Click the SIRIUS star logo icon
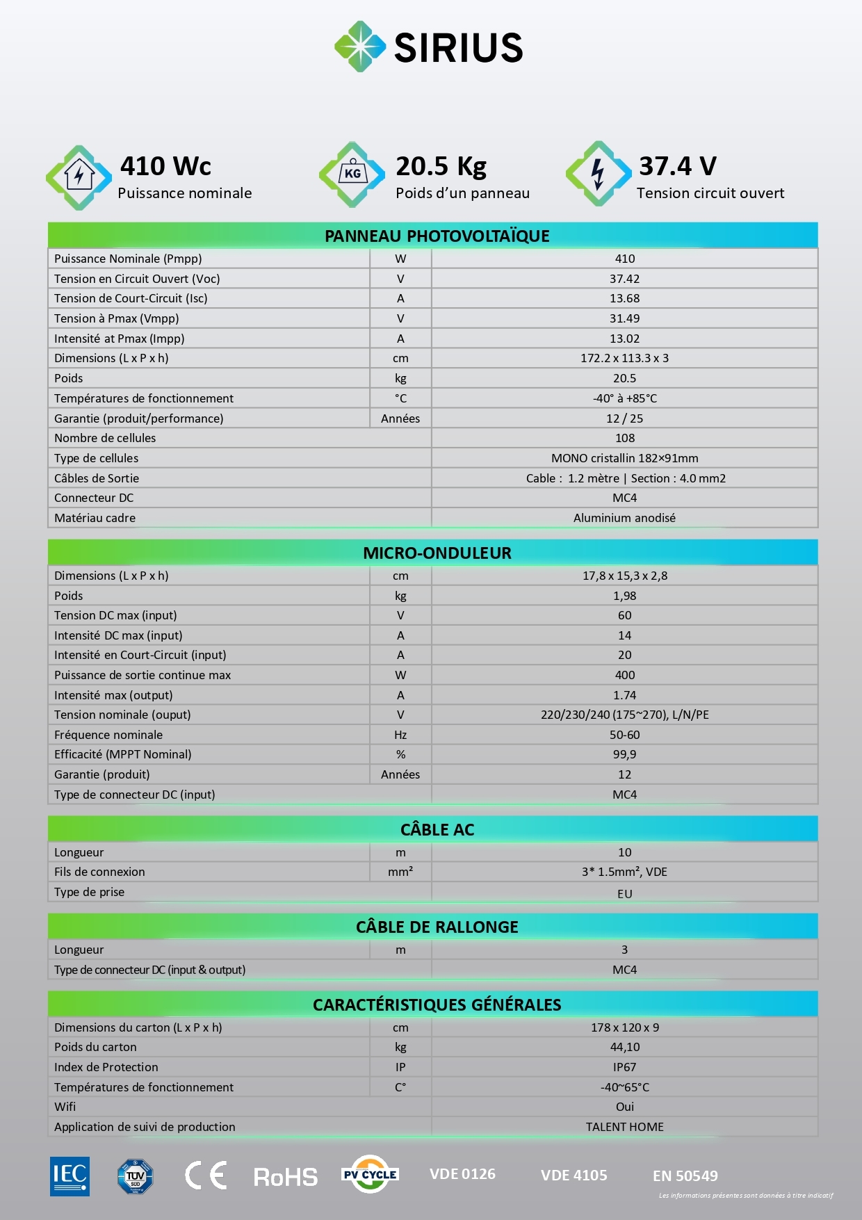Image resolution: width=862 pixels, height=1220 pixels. pyautogui.click(x=359, y=47)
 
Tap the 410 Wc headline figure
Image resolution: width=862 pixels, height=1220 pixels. pyautogui.click(x=165, y=166)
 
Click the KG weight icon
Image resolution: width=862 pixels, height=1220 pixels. pyautogui.click(x=352, y=174)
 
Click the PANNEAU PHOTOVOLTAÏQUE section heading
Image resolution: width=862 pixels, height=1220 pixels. pyautogui.click(x=437, y=236)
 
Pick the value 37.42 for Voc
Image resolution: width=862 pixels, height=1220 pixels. pyautogui.click(x=624, y=279)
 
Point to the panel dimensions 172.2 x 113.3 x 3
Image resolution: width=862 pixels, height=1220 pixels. pyautogui.click(x=624, y=358)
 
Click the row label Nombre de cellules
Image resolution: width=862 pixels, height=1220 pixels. pyautogui.click(x=105, y=438)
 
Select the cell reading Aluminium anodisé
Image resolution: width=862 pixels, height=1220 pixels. pyautogui.click(x=624, y=518)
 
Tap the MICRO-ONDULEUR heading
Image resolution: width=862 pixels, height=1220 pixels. pyautogui.click(x=437, y=553)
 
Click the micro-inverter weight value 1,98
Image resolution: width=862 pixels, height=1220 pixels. pyautogui.click(x=624, y=596)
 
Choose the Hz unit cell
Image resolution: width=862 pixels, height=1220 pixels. pyautogui.click(x=400, y=735)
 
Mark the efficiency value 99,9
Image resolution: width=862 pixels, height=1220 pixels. pyautogui.click(x=624, y=754)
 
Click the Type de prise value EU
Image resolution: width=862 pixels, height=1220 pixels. pyautogui.click(x=624, y=894)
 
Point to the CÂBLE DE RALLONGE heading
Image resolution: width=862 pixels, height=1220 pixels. pyautogui.click(x=437, y=927)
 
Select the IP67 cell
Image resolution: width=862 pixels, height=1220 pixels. pyautogui.click(x=624, y=1067)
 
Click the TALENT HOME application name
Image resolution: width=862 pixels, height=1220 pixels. pyautogui.click(x=624, y=1127)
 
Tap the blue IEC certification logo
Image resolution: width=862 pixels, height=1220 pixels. pyautogui.click(x=70, y=1176)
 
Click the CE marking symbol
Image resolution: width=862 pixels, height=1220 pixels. pyautogui.click(x=206, y=1176)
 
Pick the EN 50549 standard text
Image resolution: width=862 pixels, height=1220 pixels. pyautogui.click(x=685, y=1176)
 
